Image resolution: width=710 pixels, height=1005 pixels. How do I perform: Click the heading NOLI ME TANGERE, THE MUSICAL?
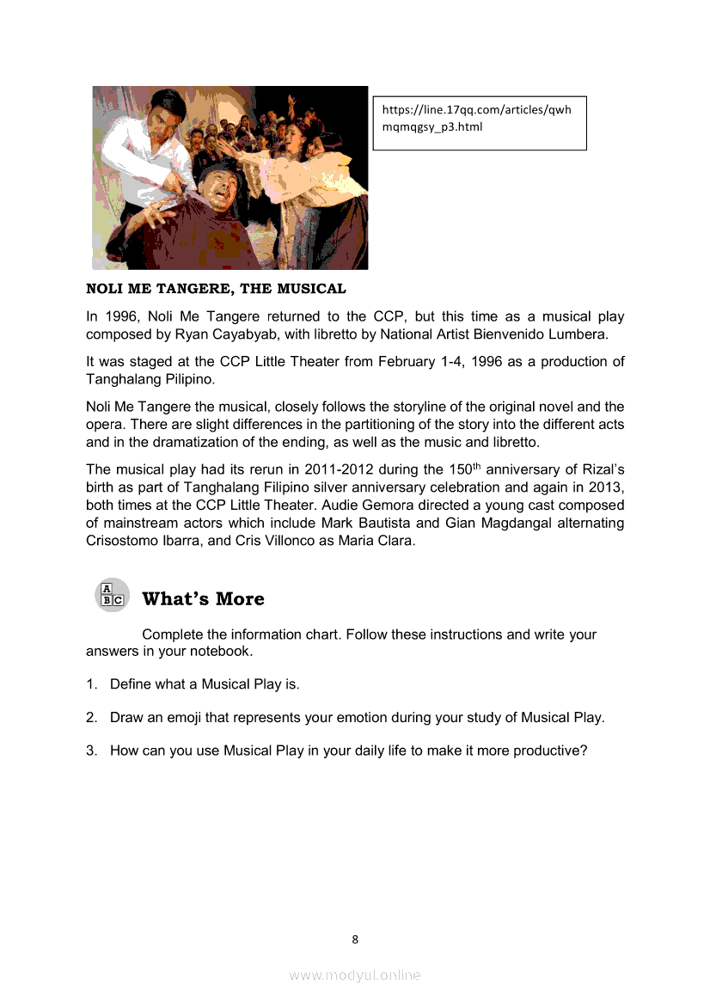[216, 289]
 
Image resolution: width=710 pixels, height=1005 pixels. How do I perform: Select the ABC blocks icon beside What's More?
[111, 596]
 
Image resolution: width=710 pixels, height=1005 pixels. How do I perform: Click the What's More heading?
[203, 598]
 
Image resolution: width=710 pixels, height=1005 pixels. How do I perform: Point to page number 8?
[355, 939]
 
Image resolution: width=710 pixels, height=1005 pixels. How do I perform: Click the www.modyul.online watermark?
[355, 975]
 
